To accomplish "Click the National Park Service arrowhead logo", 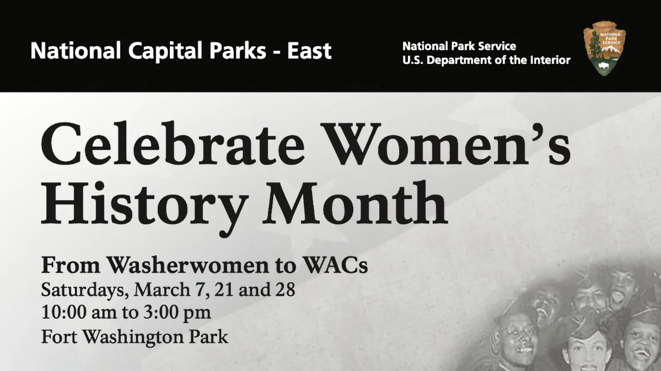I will pos(604,48).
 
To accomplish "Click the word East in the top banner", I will pos(309,51).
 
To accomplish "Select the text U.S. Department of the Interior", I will pos(486,60).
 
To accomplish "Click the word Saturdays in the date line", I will pos(84,291).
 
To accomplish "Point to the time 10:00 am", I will pos(79,312).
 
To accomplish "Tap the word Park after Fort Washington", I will pos(209,336).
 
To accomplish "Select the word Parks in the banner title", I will pos(231,51).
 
